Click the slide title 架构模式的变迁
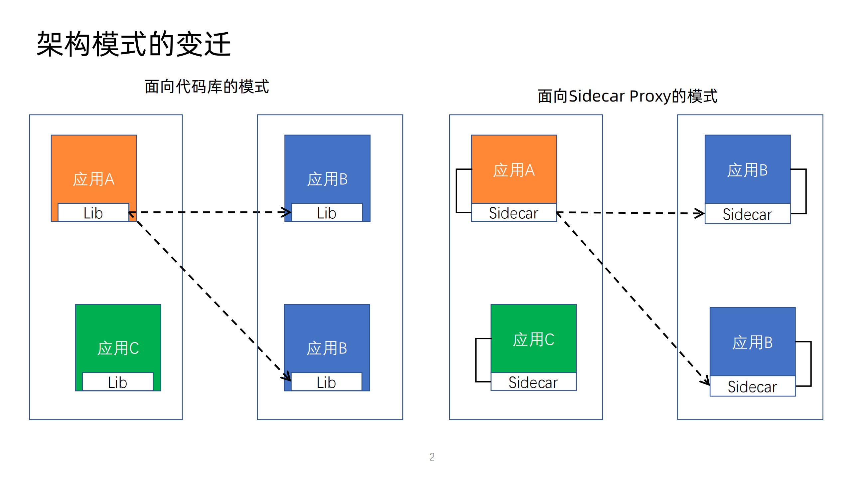(133, 44)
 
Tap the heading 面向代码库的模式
(207, 87)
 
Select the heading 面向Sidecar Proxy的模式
(627, 96)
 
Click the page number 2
(432, 457)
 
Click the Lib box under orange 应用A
(93, 213)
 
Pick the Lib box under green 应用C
(117, 382)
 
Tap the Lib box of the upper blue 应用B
(327, 213)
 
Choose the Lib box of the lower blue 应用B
(326, 382)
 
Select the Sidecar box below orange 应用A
(513, 213)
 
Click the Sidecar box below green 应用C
(533, 382)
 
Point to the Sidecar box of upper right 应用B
(747, 214)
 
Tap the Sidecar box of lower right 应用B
(752, 386)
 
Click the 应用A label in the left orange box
(94, 179)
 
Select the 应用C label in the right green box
(533, 340)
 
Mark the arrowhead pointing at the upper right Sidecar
(700, 213)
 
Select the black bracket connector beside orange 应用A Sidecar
(457, 191)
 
